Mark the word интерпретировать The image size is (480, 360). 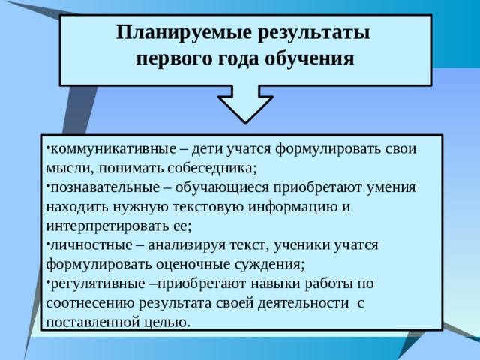pyautogui.click(x=108, y=225)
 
